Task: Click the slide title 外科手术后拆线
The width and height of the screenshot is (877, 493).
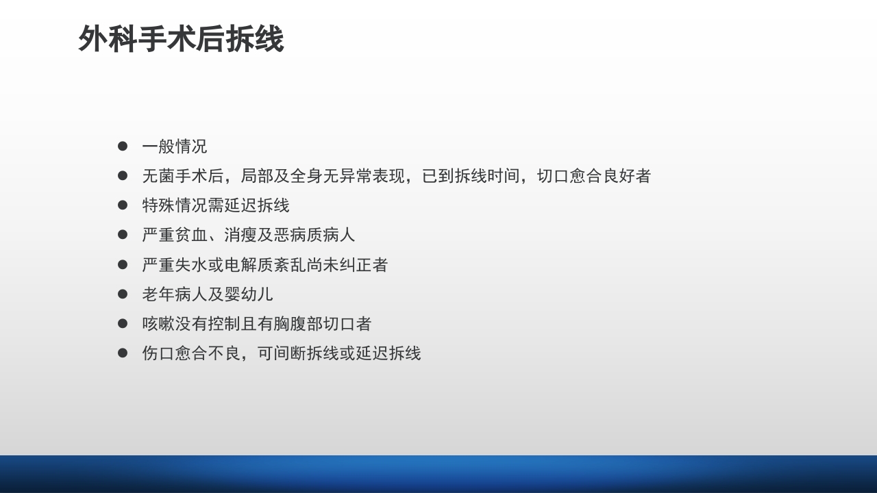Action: click(x=181, y=39)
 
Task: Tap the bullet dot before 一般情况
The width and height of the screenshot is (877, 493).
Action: click(x=123, y=146)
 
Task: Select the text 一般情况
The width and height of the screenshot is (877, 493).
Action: click(x=175, y=147)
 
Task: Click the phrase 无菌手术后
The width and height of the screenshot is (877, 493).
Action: click(x=183, y=176)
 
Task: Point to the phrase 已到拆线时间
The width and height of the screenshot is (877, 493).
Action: click(x=471, y=176)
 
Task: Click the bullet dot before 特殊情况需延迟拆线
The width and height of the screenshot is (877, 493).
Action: click(x=123, y=205)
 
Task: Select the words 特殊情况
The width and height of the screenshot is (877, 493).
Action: click(x=175, y=205)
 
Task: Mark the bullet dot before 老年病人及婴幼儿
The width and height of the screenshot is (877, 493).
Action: click(x=123, y=293)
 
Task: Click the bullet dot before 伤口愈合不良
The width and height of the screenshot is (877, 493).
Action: click(x=123, y=352)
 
